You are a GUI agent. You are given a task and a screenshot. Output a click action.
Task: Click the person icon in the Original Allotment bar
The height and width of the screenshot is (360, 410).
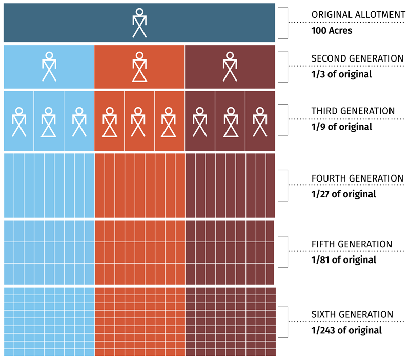(x=139, y=23)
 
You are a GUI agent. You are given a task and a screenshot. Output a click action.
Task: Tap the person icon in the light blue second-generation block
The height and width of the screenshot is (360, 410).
(x=49, y=67)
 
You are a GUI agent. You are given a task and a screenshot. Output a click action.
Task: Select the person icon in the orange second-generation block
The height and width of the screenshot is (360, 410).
(x=139, y=67)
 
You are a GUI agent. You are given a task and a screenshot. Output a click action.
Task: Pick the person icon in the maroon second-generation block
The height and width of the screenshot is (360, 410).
(x=230, y=67)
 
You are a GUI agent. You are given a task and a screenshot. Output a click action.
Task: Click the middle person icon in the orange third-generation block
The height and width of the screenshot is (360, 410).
(x=139, y=122)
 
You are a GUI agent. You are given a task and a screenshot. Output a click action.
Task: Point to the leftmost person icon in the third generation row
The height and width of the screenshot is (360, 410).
(x=19, y=122)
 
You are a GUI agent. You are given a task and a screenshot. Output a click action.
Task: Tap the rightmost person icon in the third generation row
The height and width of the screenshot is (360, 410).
(x=260, y=122)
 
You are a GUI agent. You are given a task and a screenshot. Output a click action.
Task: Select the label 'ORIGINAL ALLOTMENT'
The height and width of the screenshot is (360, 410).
(x=358, y=15)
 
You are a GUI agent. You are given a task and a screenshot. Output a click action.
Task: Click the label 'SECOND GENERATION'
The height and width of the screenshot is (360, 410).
(x=357, y=58)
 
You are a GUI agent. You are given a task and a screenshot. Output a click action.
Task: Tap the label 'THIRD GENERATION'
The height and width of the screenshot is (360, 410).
(x=353, y=111)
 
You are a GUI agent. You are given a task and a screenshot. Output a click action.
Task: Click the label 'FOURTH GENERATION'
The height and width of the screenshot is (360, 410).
(x=357, y=178)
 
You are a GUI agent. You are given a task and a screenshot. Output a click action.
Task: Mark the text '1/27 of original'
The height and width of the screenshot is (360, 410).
(x=343, y=194)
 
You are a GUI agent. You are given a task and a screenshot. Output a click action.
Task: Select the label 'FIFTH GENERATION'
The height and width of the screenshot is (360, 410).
(x=352, y=244)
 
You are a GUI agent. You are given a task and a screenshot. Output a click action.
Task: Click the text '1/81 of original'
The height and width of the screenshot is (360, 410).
(x=343, y=259)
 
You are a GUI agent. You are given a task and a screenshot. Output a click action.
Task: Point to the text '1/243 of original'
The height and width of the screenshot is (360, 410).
(x=346, y=330)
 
